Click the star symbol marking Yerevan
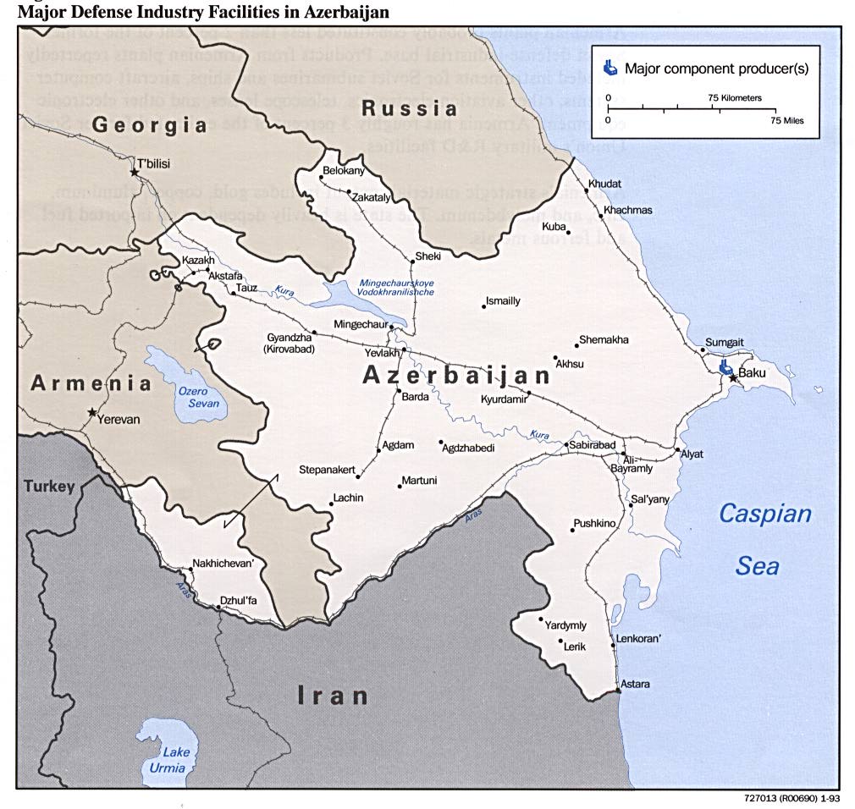(x=91, y=412)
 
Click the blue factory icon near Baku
(x=725, y=367)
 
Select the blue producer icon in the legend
(x=610, y=67)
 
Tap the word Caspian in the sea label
(x=764, y=514)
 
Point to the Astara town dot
(x=619, y=691)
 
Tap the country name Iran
(x=333, y=696)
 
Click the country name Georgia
(x=149, y=125)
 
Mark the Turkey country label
(x=49, y=487)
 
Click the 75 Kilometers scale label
(x=734, y=98)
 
